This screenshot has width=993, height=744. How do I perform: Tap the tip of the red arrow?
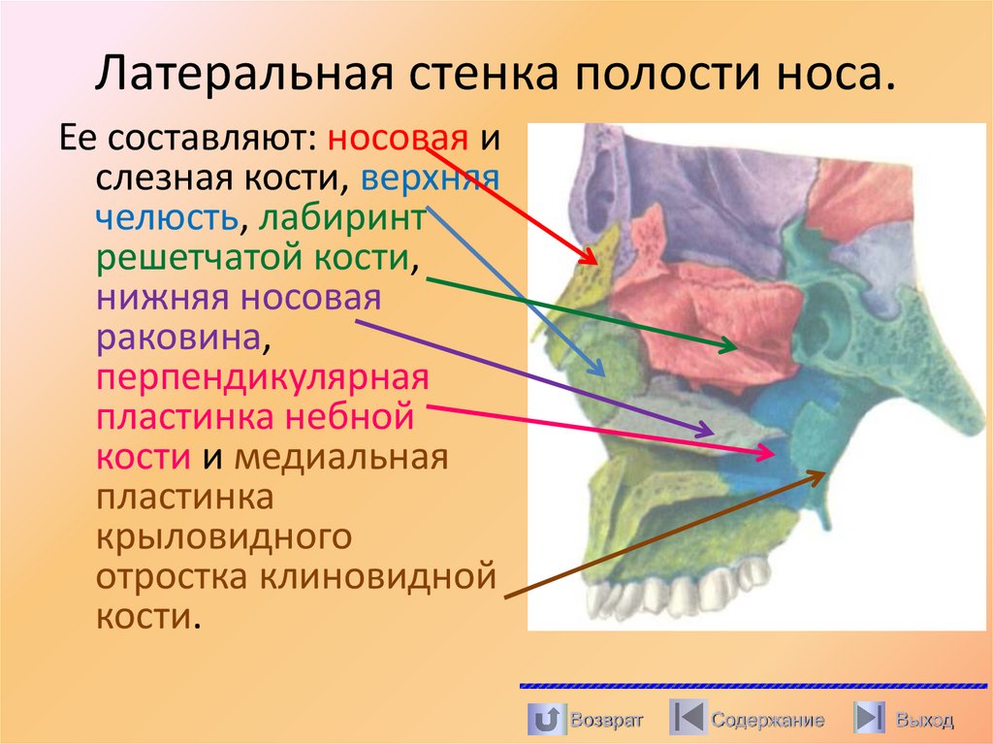(x=595, y=262)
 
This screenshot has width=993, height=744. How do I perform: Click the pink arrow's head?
(x=772, y=451)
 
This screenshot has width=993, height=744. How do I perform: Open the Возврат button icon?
(x=546, y=719)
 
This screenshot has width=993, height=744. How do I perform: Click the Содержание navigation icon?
(x=687, y=719)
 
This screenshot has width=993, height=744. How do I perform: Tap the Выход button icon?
(x=868, y=719)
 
